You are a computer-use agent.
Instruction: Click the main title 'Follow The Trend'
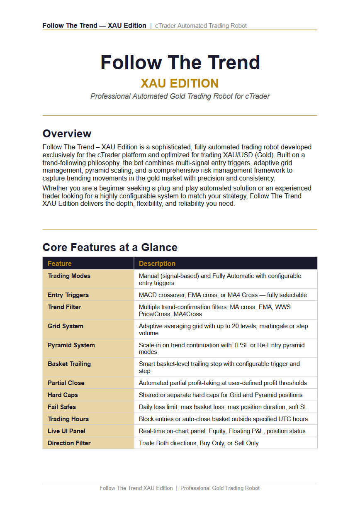(x=180, y=63)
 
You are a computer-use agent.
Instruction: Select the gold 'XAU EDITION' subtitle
(x=180, y=83)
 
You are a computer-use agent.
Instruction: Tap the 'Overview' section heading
(x=67, y=134)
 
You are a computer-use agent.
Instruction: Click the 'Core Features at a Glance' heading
(x=110, y=247)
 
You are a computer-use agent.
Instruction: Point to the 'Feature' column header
(x=60, y=263)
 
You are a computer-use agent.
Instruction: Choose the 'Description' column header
(x=157, y=263)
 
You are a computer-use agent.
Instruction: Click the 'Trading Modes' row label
(x=69, y=276)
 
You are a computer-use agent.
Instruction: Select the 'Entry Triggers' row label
(x=68, y=295)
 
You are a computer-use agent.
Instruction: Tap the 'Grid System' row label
(x=66, y=326)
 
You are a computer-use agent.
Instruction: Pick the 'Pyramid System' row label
(x=71, y=345)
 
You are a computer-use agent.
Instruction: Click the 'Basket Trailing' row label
(x=69, y=364)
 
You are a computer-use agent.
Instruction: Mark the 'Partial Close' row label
(x=66, y=383)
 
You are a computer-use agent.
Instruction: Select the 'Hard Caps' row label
(x=63, y=395)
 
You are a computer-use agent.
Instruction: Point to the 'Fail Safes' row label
(x=62, y=407)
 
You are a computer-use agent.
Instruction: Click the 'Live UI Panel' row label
(x=66, y=431)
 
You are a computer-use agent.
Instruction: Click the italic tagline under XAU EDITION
(x=180, y=96)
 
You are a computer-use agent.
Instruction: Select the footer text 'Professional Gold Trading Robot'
(x=220, y=488)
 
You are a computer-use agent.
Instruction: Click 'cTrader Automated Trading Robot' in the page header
(x=201, y=26)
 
